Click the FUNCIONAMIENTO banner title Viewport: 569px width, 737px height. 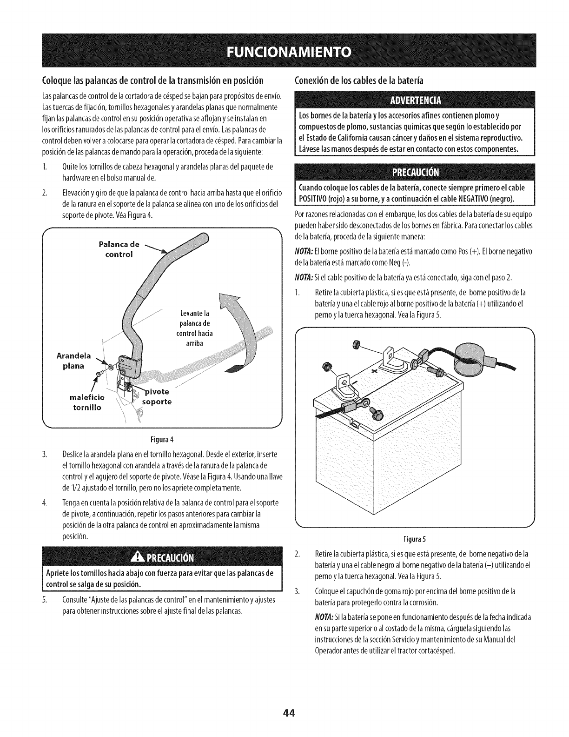284,50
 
